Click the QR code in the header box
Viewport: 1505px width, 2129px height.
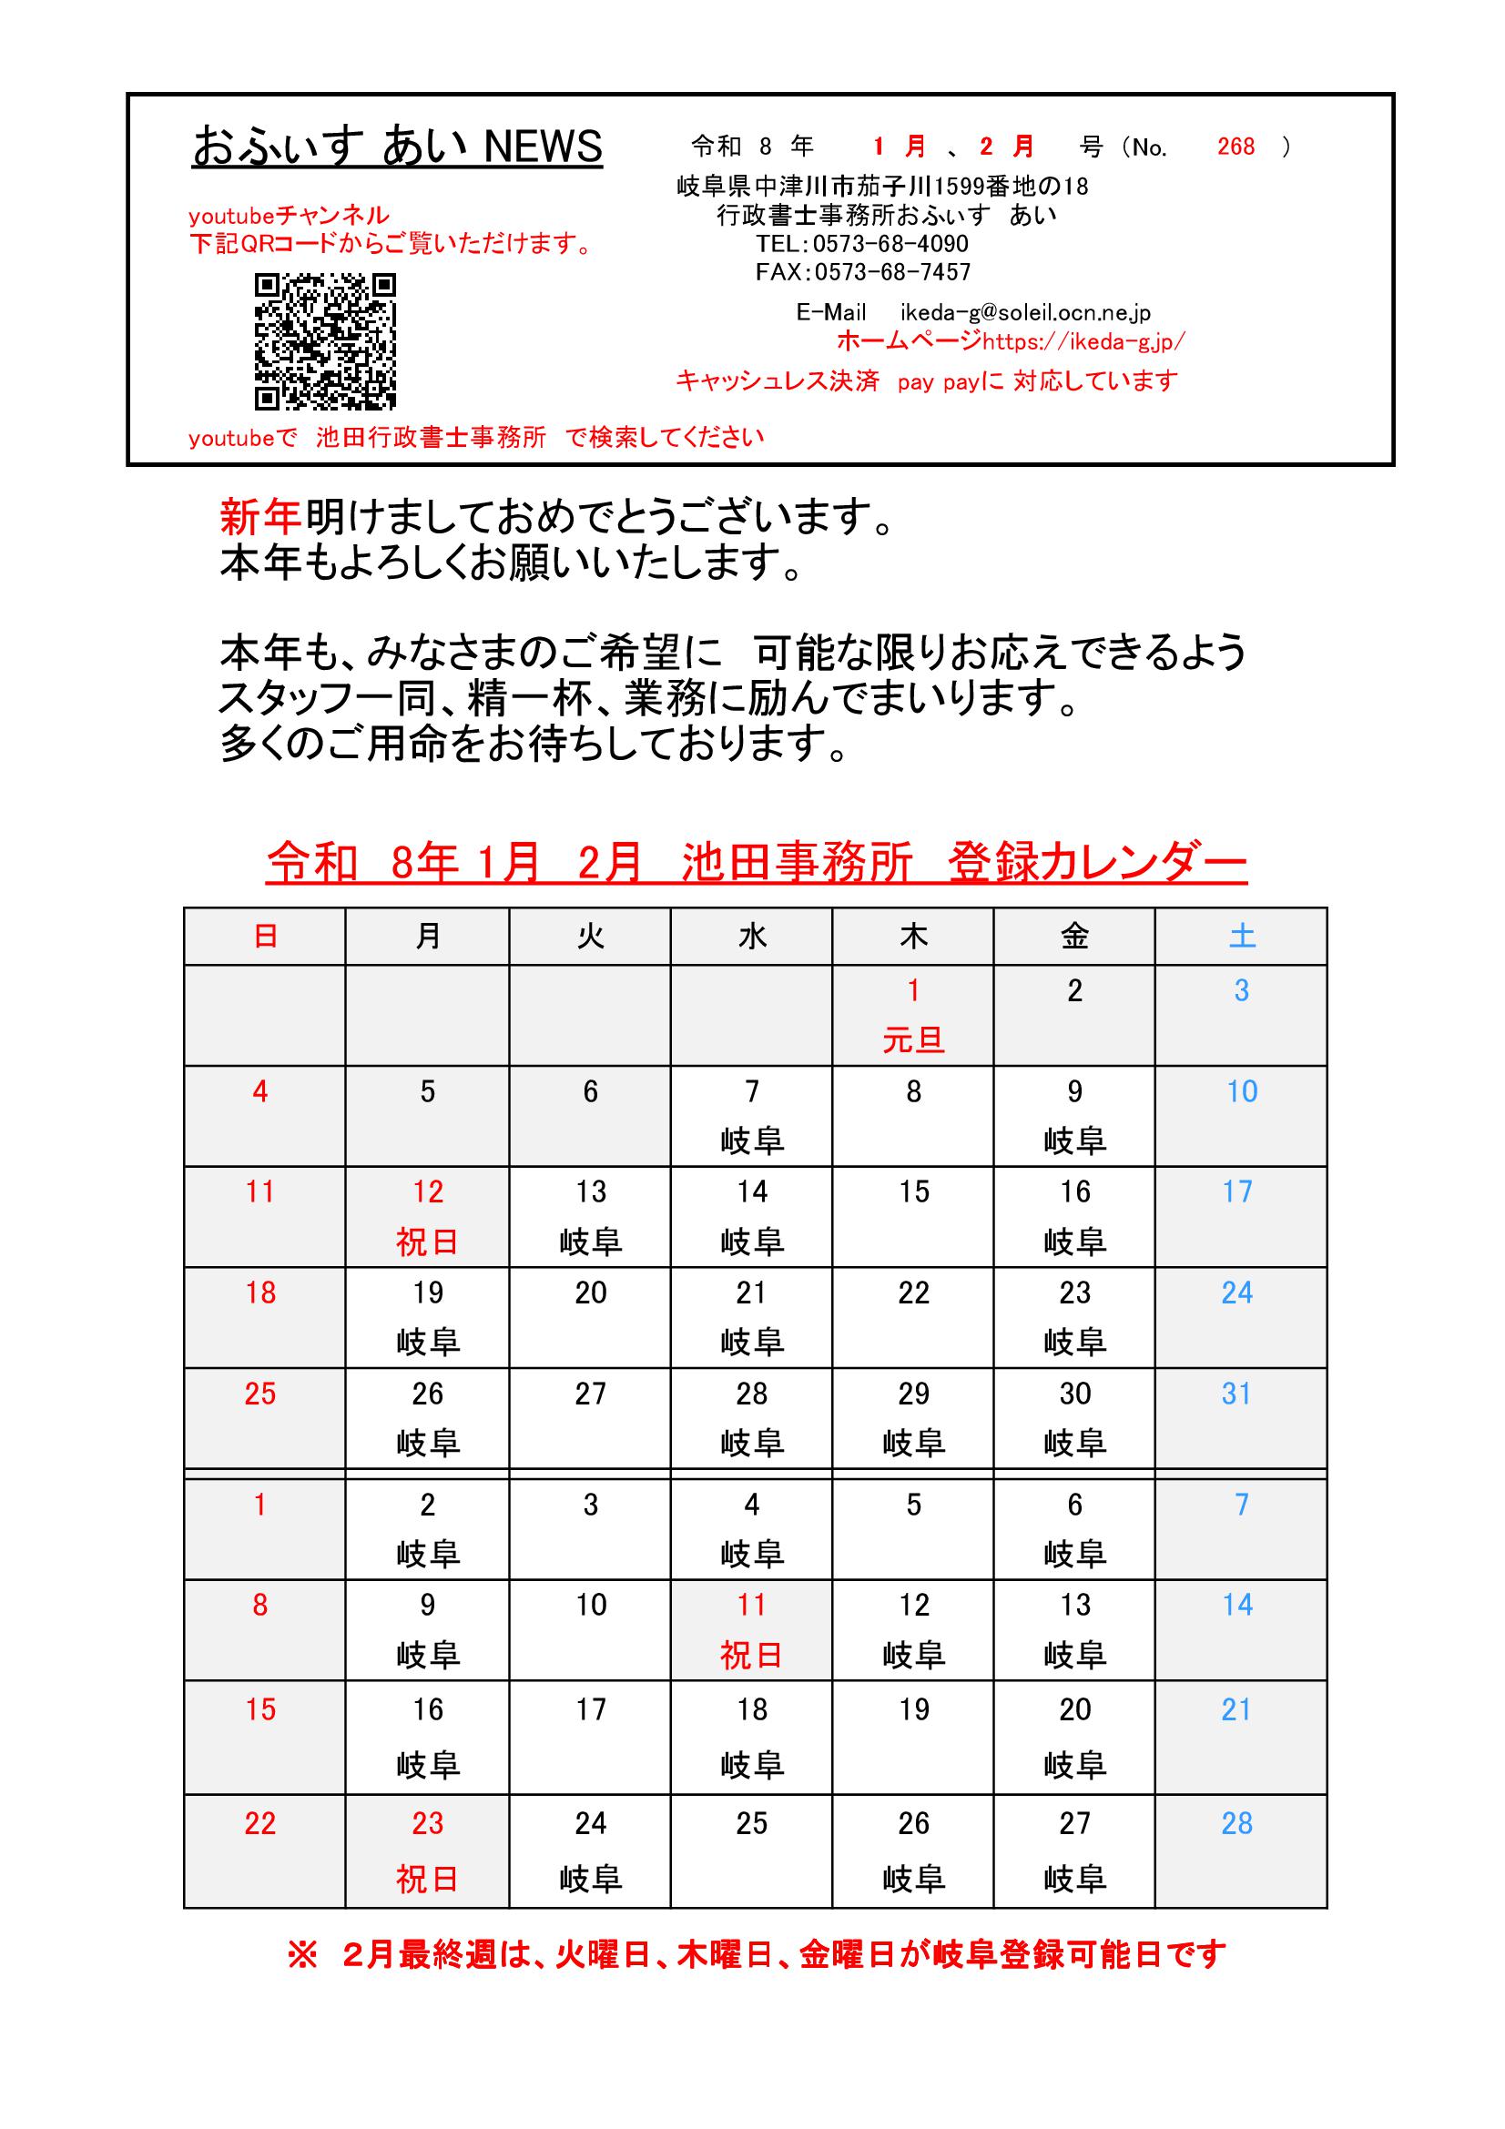pos(324,341)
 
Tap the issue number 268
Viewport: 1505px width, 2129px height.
pos(1236,147)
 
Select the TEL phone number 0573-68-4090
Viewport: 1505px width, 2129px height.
pos(890,244)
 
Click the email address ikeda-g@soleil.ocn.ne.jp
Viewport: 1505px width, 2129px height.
pos(1024,313)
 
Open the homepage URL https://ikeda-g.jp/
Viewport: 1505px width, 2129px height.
pos(1083,342)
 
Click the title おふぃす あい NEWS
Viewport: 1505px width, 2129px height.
pos(397,147)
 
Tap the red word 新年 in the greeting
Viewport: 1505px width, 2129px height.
pos(260,516)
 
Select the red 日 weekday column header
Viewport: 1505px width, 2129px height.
pos(265,937)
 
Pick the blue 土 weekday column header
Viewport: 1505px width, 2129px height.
pos(1242,937)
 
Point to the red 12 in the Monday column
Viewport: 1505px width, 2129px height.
pos(428,1191)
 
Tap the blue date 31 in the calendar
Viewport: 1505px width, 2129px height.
pos(1237,1394)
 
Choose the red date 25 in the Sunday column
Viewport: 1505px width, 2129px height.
pos(260,1394)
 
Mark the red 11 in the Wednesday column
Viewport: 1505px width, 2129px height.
pos(751,1604)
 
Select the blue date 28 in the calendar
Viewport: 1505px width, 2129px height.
pos(1237,1823)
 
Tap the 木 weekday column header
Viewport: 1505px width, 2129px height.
pos(913,937)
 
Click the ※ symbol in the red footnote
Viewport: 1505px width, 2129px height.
pos(302,1955)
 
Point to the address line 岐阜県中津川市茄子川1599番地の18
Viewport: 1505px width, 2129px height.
pos(882,187)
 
